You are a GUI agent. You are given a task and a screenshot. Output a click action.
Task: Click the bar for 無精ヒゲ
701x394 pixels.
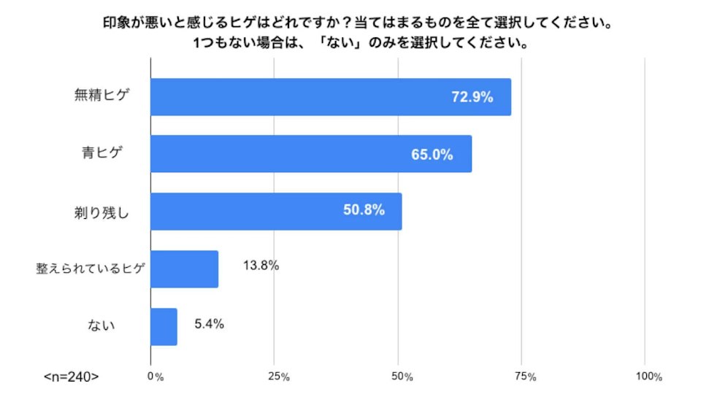click(x=331, y=97)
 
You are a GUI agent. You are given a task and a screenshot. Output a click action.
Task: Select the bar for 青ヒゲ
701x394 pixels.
click(x=311, y=154)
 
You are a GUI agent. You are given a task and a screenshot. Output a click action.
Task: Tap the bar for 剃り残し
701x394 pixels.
click(x=276, y=212)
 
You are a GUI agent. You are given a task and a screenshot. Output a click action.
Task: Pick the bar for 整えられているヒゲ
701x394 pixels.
click(x=185, y=269)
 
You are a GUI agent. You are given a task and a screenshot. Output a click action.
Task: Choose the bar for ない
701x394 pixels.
click(x=164, y=327)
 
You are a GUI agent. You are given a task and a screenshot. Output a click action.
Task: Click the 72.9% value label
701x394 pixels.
click(x=472, y=97)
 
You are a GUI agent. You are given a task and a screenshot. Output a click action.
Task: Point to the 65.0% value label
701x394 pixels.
click(x=432, y=155)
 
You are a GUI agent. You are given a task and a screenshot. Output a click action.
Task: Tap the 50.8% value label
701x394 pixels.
click(x=364, y=209)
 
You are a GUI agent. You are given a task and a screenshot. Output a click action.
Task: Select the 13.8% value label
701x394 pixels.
click(x=261, y=266)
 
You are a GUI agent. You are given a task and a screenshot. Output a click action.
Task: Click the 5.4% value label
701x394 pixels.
click(x=210, y=323)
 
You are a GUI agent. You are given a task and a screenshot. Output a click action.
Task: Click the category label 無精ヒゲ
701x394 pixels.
click(x=102, y=95)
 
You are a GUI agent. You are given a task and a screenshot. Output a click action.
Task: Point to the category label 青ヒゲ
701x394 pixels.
click(x=102, y=152)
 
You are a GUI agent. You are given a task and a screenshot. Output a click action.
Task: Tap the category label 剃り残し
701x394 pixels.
click(x=101, y=212)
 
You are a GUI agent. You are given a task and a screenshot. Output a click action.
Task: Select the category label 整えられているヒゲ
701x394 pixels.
click(x=91, y=268)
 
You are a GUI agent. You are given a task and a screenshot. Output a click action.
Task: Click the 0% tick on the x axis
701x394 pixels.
click(x=156, y=376)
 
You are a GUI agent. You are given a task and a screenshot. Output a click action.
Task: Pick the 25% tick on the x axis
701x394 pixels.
click(x=279, y=376)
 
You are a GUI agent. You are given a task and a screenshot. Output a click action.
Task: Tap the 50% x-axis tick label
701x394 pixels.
click(x=402, y=376)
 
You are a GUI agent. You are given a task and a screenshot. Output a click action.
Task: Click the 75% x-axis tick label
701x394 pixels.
click(x=526, y=376)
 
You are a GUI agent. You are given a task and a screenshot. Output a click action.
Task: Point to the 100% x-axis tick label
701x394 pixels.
click(x=649, y=376)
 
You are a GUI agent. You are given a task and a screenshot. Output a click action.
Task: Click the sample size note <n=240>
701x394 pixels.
click(x=71, y=376)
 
